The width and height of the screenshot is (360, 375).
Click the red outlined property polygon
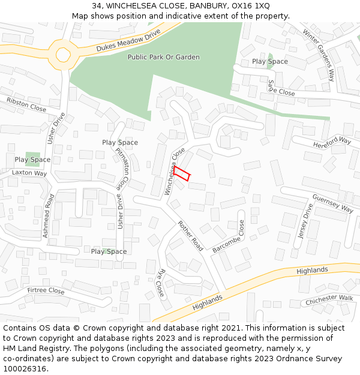pos(182,174)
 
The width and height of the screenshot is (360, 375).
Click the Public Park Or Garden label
pos(163,57)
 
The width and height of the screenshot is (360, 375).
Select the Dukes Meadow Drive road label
pos(129,40)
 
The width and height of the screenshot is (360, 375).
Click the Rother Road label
pos(190,235)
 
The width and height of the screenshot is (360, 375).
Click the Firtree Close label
pos(46,291)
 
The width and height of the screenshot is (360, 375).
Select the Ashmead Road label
pos(49,216)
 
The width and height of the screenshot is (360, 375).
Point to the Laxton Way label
pos(29,173)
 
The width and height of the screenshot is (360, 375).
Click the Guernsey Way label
pos(333,203)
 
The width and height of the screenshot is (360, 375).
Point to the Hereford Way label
pos(332,142)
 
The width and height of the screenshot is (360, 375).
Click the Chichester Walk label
pos(329,299)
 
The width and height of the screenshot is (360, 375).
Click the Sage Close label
pos(281,89)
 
